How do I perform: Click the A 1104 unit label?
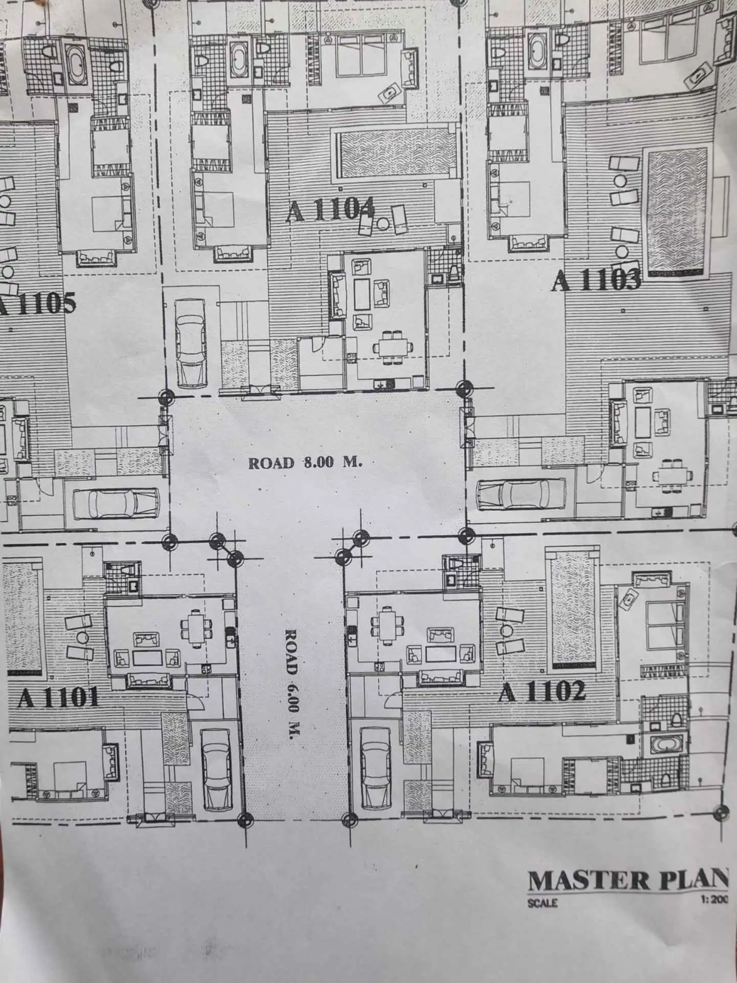(330, 210)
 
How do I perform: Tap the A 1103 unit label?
(596, 280)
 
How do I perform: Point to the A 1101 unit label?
(58, 697)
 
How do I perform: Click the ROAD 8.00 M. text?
(306, 463)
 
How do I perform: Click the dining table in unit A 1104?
(393, 348)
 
